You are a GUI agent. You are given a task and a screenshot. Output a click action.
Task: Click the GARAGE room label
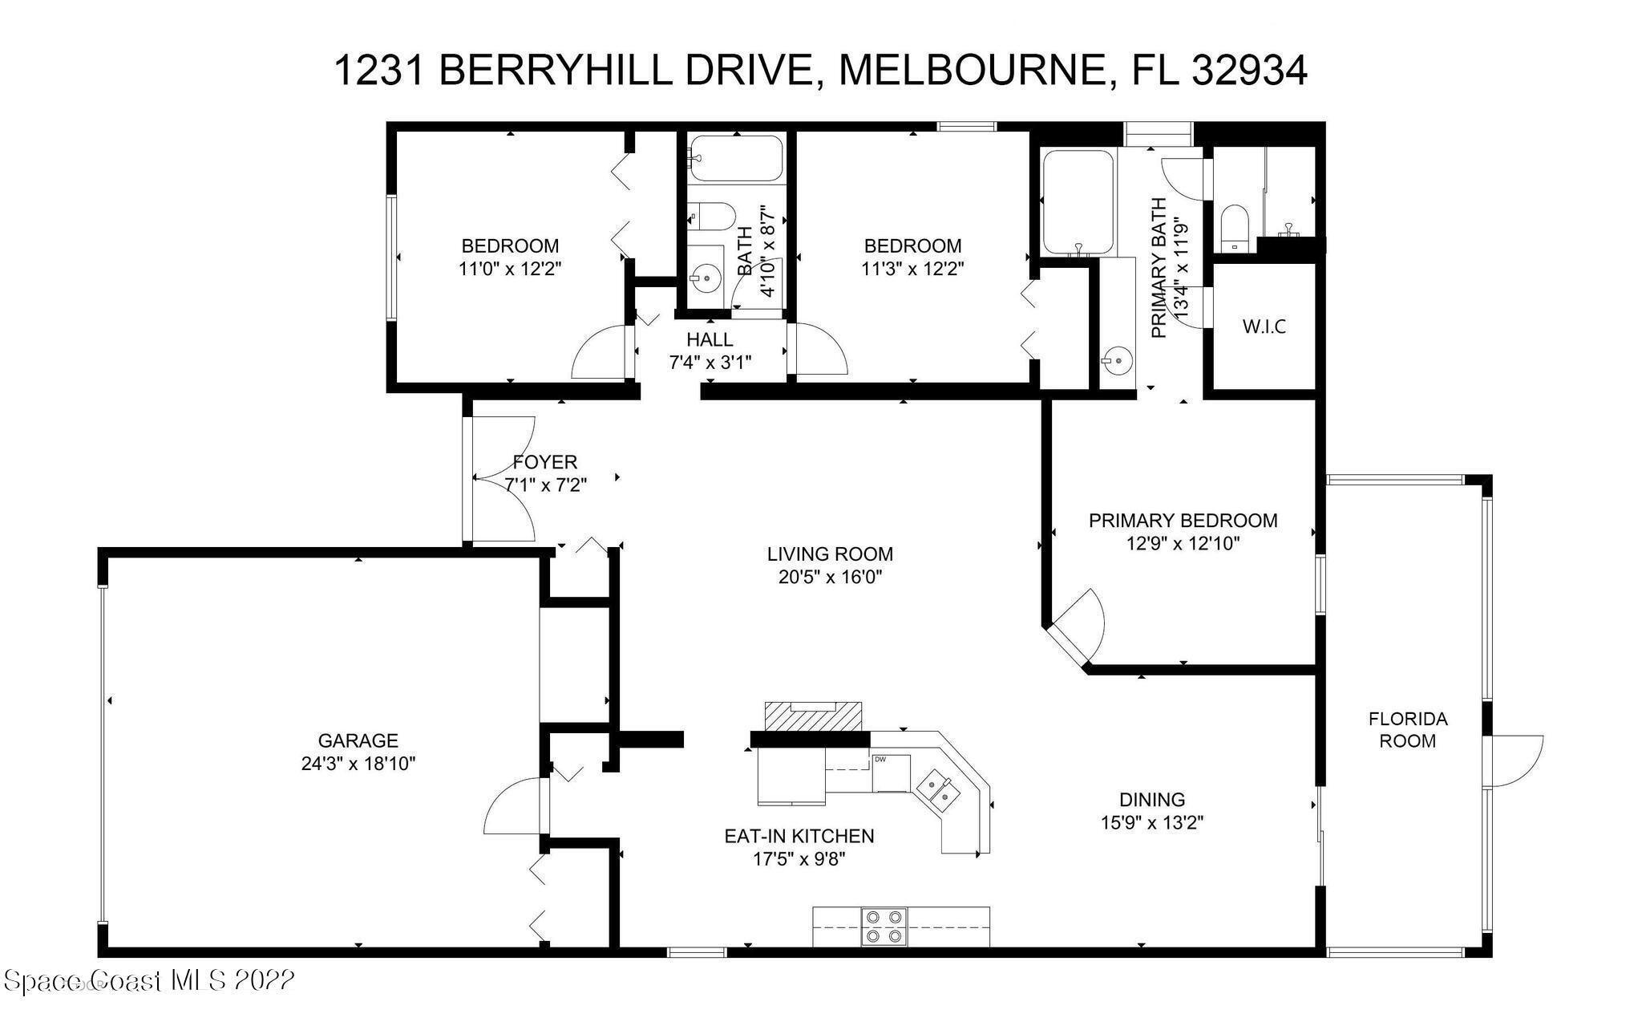click(358, 740)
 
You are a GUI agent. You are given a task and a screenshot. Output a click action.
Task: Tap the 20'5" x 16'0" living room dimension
click(830, 577)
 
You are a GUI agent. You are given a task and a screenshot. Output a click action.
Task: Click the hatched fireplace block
click(814, 716)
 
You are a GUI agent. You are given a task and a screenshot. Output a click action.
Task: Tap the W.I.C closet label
click(1264, 326)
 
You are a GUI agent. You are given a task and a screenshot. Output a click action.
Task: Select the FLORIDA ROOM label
click(1407, 730)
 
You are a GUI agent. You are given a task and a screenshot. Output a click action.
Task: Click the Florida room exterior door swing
click(1514, 760)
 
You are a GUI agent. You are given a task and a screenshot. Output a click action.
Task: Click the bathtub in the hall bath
click(735, 158)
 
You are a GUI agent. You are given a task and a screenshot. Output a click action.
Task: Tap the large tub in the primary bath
click(1078, 201)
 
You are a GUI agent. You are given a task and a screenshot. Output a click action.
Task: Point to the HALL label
click(710, 339)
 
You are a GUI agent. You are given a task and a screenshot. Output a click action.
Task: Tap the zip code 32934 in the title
click(1250, 70)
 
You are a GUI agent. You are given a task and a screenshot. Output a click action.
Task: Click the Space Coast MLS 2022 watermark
click(149, 980)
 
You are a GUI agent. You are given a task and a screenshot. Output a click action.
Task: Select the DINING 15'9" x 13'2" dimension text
click(1151, 822)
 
